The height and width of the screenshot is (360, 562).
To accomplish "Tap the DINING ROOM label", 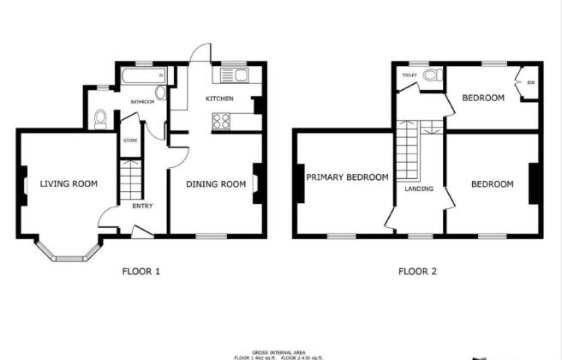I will point(217,183).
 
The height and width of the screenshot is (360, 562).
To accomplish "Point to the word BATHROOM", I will point(142,102).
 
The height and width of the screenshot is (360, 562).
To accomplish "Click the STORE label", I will point(130,140).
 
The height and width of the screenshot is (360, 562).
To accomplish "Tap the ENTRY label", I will point(142,205).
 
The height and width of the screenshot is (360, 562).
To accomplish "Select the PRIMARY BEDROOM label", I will point(347,177).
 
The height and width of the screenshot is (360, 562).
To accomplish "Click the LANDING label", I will point(419,189).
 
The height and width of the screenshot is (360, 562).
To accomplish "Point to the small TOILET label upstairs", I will point(409,75).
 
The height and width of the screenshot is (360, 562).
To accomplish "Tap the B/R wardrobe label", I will point(531,83).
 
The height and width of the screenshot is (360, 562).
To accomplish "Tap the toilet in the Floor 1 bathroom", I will point(100,117).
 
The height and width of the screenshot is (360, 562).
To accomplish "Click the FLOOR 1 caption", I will point(141,272).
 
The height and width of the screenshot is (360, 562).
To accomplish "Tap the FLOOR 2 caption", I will point(417,272).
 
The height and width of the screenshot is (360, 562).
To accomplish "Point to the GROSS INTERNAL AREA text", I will point(280,349).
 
